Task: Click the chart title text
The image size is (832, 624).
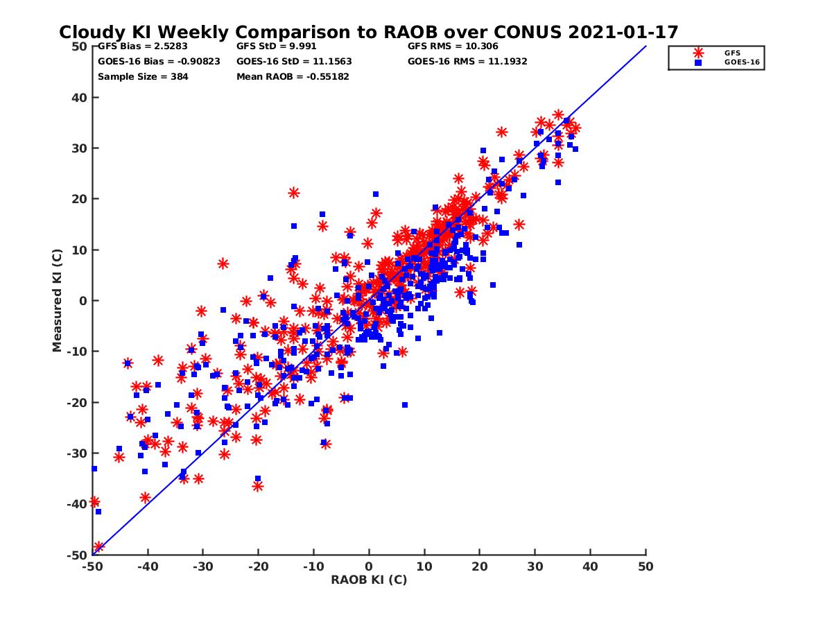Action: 368,33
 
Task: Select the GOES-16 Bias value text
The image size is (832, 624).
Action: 159,61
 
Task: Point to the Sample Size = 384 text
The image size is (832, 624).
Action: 143,76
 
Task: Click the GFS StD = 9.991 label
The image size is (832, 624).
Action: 275,46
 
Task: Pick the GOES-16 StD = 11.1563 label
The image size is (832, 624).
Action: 294,61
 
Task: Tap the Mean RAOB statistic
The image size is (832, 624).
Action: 293,76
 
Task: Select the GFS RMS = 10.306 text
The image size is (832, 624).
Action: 453,46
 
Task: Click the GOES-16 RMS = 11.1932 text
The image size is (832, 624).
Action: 467,61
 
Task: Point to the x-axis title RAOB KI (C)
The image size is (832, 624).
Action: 369,580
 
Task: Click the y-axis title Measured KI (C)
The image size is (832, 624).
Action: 58,301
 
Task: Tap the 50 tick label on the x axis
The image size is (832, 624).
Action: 645,566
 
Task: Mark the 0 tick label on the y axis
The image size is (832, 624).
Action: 83,301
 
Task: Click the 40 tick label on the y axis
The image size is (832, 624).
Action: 80,98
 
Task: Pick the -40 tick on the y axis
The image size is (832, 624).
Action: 77,504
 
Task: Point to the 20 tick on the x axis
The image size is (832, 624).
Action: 479,566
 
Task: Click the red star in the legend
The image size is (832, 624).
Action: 698,53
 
